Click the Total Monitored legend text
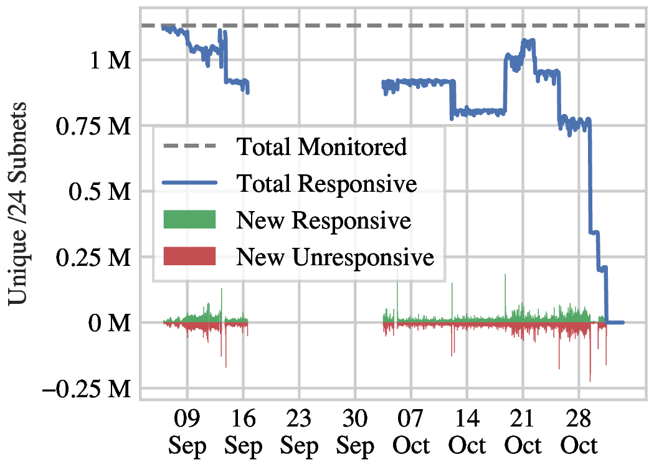click(321, 147)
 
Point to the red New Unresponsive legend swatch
click(189, 255)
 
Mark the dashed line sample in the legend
click(189, 147)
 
